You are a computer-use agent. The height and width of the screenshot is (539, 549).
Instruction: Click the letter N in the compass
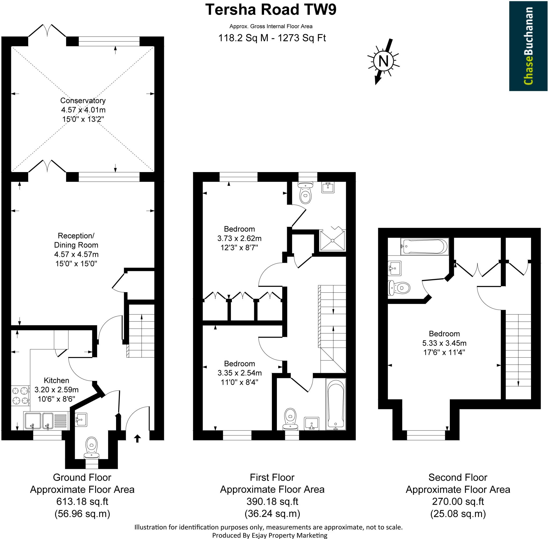click(x=383, y=61)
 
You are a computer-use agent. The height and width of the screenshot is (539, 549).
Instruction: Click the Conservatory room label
click(x=83, y=100)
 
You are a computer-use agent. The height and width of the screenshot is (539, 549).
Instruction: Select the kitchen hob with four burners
click(x=21, y=396)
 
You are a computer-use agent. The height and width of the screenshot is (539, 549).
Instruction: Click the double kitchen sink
click(x=46, y=421)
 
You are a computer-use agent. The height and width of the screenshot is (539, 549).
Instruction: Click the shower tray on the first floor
click(x=332, y=240)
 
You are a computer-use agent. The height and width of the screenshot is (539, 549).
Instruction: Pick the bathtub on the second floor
click(x=424, y=247)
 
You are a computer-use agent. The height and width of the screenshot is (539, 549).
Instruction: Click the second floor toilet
click(x=399, y=288)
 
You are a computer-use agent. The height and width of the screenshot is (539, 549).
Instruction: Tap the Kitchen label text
click(x=57, y=380)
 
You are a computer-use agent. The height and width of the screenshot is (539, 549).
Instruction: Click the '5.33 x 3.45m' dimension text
click(x=444, y=343)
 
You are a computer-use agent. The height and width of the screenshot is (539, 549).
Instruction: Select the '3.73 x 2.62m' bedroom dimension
click(x=239, y=238)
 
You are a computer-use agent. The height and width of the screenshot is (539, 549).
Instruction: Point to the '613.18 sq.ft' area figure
click(x=82, y=501)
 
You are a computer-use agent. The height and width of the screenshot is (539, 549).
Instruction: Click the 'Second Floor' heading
click(x=458, y=477)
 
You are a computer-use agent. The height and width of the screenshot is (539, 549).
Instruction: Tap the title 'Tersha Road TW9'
click(x=270, y=10)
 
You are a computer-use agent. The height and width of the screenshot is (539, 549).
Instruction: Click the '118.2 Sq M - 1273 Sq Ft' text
click(x=272, y=38)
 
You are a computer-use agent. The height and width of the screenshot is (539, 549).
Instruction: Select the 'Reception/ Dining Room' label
click(x=76, y=240)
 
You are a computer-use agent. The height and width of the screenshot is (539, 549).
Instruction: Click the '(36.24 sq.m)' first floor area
click(x=272, y=513)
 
